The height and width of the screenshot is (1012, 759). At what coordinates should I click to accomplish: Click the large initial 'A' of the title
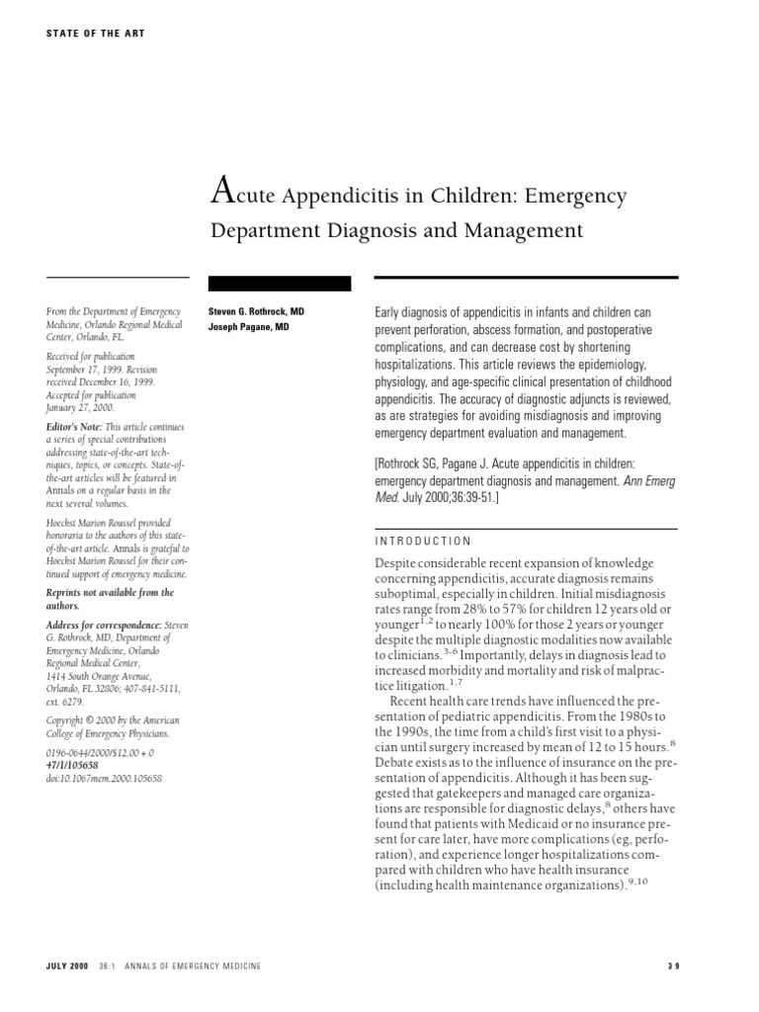click(x=222, y=192)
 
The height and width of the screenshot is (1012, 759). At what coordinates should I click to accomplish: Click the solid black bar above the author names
click(x=280, y=284)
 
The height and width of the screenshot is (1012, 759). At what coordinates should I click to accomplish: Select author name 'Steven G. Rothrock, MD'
click(x=256, y=311)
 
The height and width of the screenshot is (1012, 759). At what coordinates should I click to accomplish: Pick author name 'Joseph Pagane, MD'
click(x=248, y=327)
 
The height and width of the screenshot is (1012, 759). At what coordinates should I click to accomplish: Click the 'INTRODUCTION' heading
click(x=423, y=542)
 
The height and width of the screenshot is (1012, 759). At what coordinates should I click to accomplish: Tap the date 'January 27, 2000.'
click(x=80, y=407)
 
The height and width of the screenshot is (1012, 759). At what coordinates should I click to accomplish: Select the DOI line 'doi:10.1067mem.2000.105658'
click(x=104, y=779)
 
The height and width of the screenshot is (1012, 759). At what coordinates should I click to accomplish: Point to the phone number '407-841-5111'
click(x=147, y=688)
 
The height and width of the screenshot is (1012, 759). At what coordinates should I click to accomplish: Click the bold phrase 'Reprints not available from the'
click(x=110, y=593)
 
